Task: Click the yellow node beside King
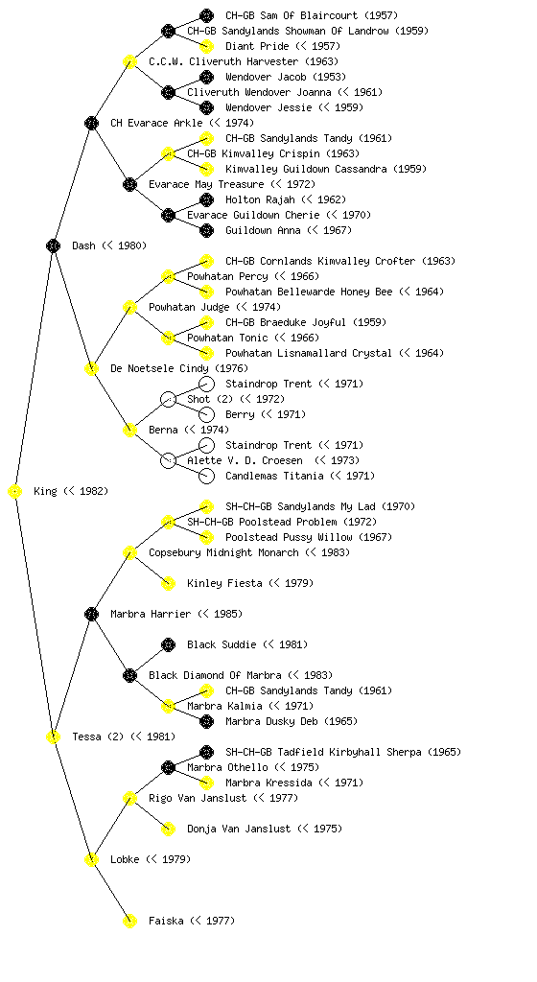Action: point(15,492)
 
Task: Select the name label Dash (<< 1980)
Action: point(109,246)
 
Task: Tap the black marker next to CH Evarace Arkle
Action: point(91,123)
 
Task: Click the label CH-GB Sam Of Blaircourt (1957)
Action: point(312,15)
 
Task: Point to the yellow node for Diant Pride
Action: point(206,46)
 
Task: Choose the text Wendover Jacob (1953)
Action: point(286,77)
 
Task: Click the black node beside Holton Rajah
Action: point(206,199)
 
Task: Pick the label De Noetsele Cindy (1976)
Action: point(179,368)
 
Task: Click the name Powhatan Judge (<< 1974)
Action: point(215,307)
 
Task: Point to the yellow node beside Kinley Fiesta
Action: point(169,584)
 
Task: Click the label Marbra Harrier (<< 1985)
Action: point(176,615)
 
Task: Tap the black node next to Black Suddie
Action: point(169,645)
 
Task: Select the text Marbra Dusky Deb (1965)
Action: point(292,721)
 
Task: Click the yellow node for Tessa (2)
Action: point(53,737)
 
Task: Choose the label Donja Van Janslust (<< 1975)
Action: point(265,830)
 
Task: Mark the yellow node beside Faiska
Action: point(129,922)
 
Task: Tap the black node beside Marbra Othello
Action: point(169,768)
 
